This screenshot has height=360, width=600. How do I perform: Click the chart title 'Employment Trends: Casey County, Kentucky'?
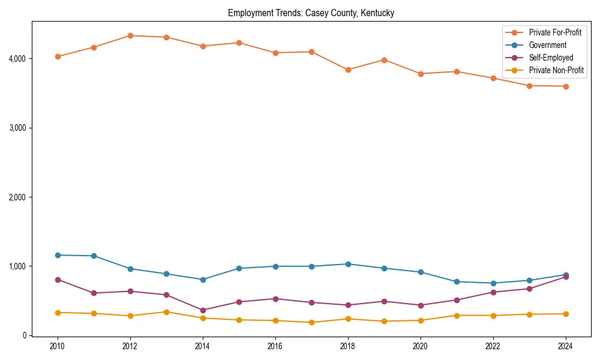tap(311, 13)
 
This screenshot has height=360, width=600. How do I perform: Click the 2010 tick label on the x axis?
tap(58, 346)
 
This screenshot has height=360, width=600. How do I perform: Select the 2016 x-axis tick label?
tap(275, 346)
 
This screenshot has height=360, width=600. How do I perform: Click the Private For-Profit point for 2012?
tap(130, 35)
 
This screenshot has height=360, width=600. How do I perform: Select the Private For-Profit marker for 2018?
tap(348, 70)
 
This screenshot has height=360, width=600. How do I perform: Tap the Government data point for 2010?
tap(58, 255)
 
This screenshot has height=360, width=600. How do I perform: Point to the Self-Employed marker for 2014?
tap(203, 310)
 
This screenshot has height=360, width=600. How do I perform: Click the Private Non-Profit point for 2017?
tap(311, 322)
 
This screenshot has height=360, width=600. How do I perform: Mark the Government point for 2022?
tap(493, 283)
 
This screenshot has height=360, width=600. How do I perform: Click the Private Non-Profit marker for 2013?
tap(166, 312)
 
